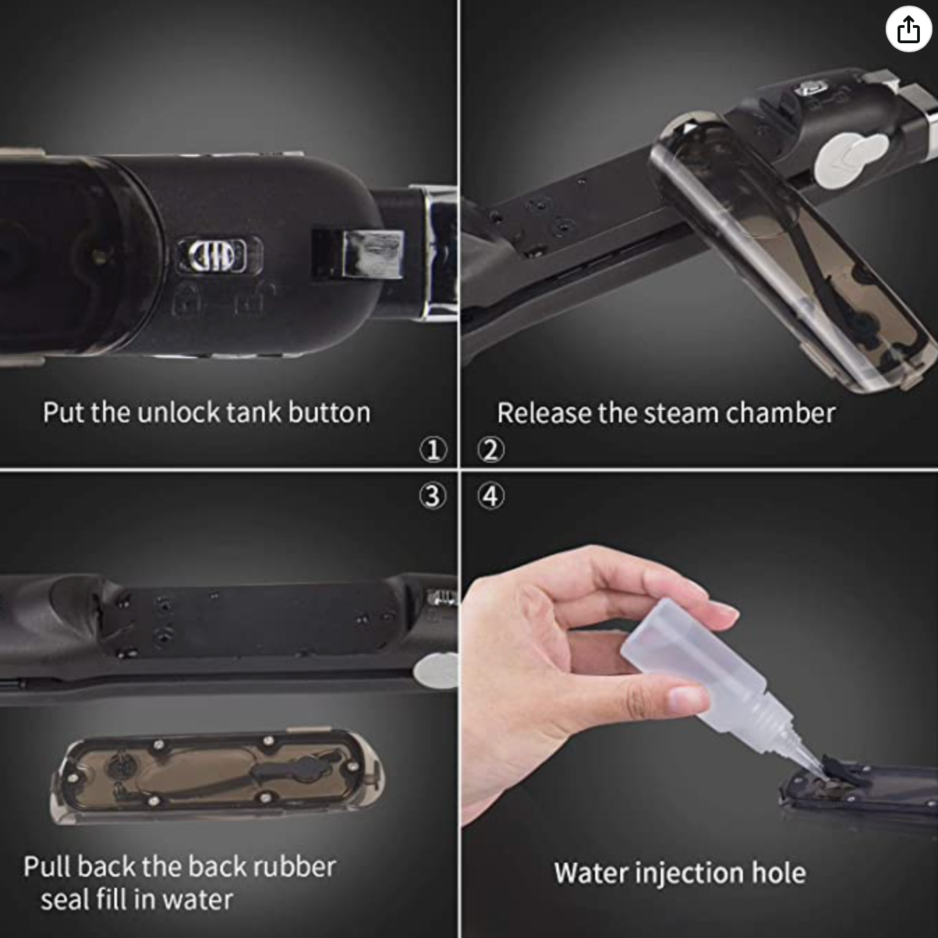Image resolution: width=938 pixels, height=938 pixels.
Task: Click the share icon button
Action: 909,30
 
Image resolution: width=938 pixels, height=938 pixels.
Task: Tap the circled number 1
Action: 433,449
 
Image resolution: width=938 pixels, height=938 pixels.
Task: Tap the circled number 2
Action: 491,449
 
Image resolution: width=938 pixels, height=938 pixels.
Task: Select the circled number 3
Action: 433,496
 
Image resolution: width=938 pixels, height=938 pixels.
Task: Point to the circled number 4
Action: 491,496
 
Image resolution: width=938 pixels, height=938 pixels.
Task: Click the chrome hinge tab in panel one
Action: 371,254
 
